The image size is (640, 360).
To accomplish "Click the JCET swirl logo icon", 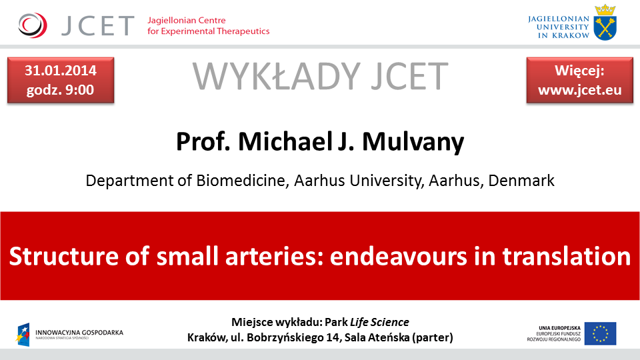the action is tap(33, 25).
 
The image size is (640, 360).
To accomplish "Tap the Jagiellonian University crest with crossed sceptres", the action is tap(605, 23).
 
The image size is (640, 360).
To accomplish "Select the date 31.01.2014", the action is tap(61, 71).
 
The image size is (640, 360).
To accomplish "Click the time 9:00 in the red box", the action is tap(79, 90).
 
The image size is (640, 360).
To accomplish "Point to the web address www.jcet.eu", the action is tap(579, 90).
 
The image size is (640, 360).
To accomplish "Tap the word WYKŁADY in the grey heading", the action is tap(276, 76).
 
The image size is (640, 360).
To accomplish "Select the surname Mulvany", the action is tap(413, 142).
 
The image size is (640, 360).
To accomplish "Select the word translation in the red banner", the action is tap(566, 256).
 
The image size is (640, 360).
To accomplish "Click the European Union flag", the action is tap(600, 333).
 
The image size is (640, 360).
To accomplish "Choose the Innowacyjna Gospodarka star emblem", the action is tap(23, 334).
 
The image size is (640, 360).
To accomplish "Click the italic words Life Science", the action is tap(379, 322).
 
